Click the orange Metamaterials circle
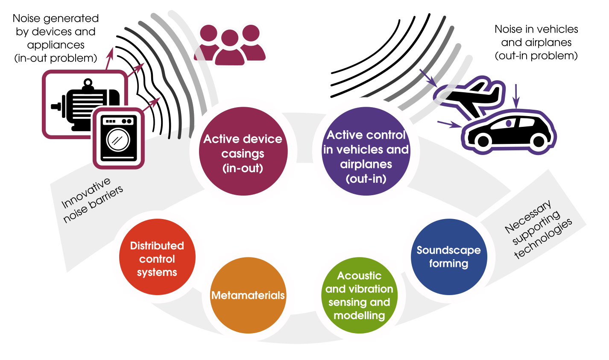click(x=248, y=295)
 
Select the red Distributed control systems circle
click(x=157, y=257)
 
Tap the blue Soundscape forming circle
click(x=449, y=257)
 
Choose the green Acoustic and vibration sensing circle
click(x=359, y=295)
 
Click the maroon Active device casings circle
click(x=243, y=151)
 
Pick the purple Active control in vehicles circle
click(x=366, y=151)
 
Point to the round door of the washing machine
click(x=118, y=140)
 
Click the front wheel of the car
click(x=483, y=141)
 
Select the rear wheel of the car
click(x=539, y=141)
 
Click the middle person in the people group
click(x=230, y=47)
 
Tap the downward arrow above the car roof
click(x=516, y=97)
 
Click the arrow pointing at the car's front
click(x=449, y=124)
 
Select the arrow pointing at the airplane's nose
click(x=428, y=78)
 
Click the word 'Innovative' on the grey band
click(x=86, y=193)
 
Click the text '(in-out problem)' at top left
click(x=56, y=58)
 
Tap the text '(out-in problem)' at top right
click(x=536, y=56)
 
